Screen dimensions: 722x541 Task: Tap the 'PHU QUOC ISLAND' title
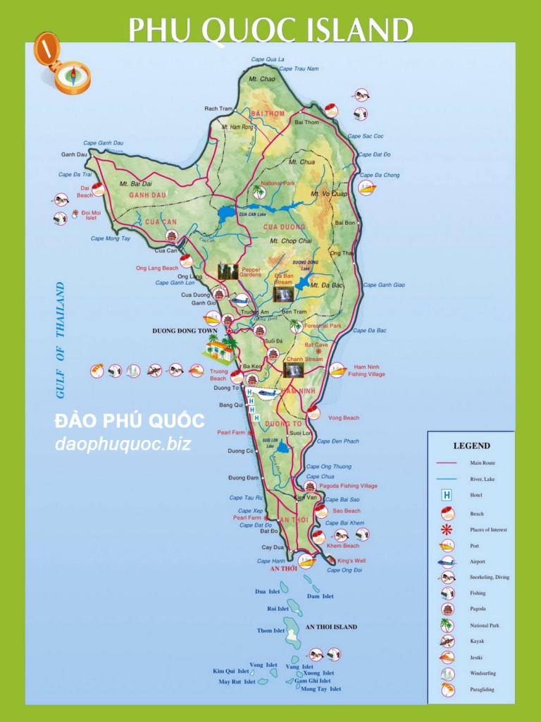(x=270, y=30)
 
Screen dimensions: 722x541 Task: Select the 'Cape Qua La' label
(x=268, y=59)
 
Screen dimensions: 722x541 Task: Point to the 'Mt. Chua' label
(x=301, y=162)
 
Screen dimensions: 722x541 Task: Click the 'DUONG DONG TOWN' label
(x=185, y=331)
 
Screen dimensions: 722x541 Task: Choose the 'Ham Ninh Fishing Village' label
(x=366, y=370)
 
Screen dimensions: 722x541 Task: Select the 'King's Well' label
(x=352, y=561)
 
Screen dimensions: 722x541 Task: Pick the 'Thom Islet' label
(x=270, y=631)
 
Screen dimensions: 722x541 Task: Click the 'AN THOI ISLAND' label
(x=331, y=627)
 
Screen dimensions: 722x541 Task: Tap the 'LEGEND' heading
(x=471, y=446)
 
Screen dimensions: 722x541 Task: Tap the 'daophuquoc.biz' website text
(x=123, y=444)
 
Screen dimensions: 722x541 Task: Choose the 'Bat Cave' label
(x=316, y=345)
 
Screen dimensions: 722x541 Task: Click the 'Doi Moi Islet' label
(x=91, y=215)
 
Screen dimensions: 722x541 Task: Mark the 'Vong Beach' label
(x=343, y=418)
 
